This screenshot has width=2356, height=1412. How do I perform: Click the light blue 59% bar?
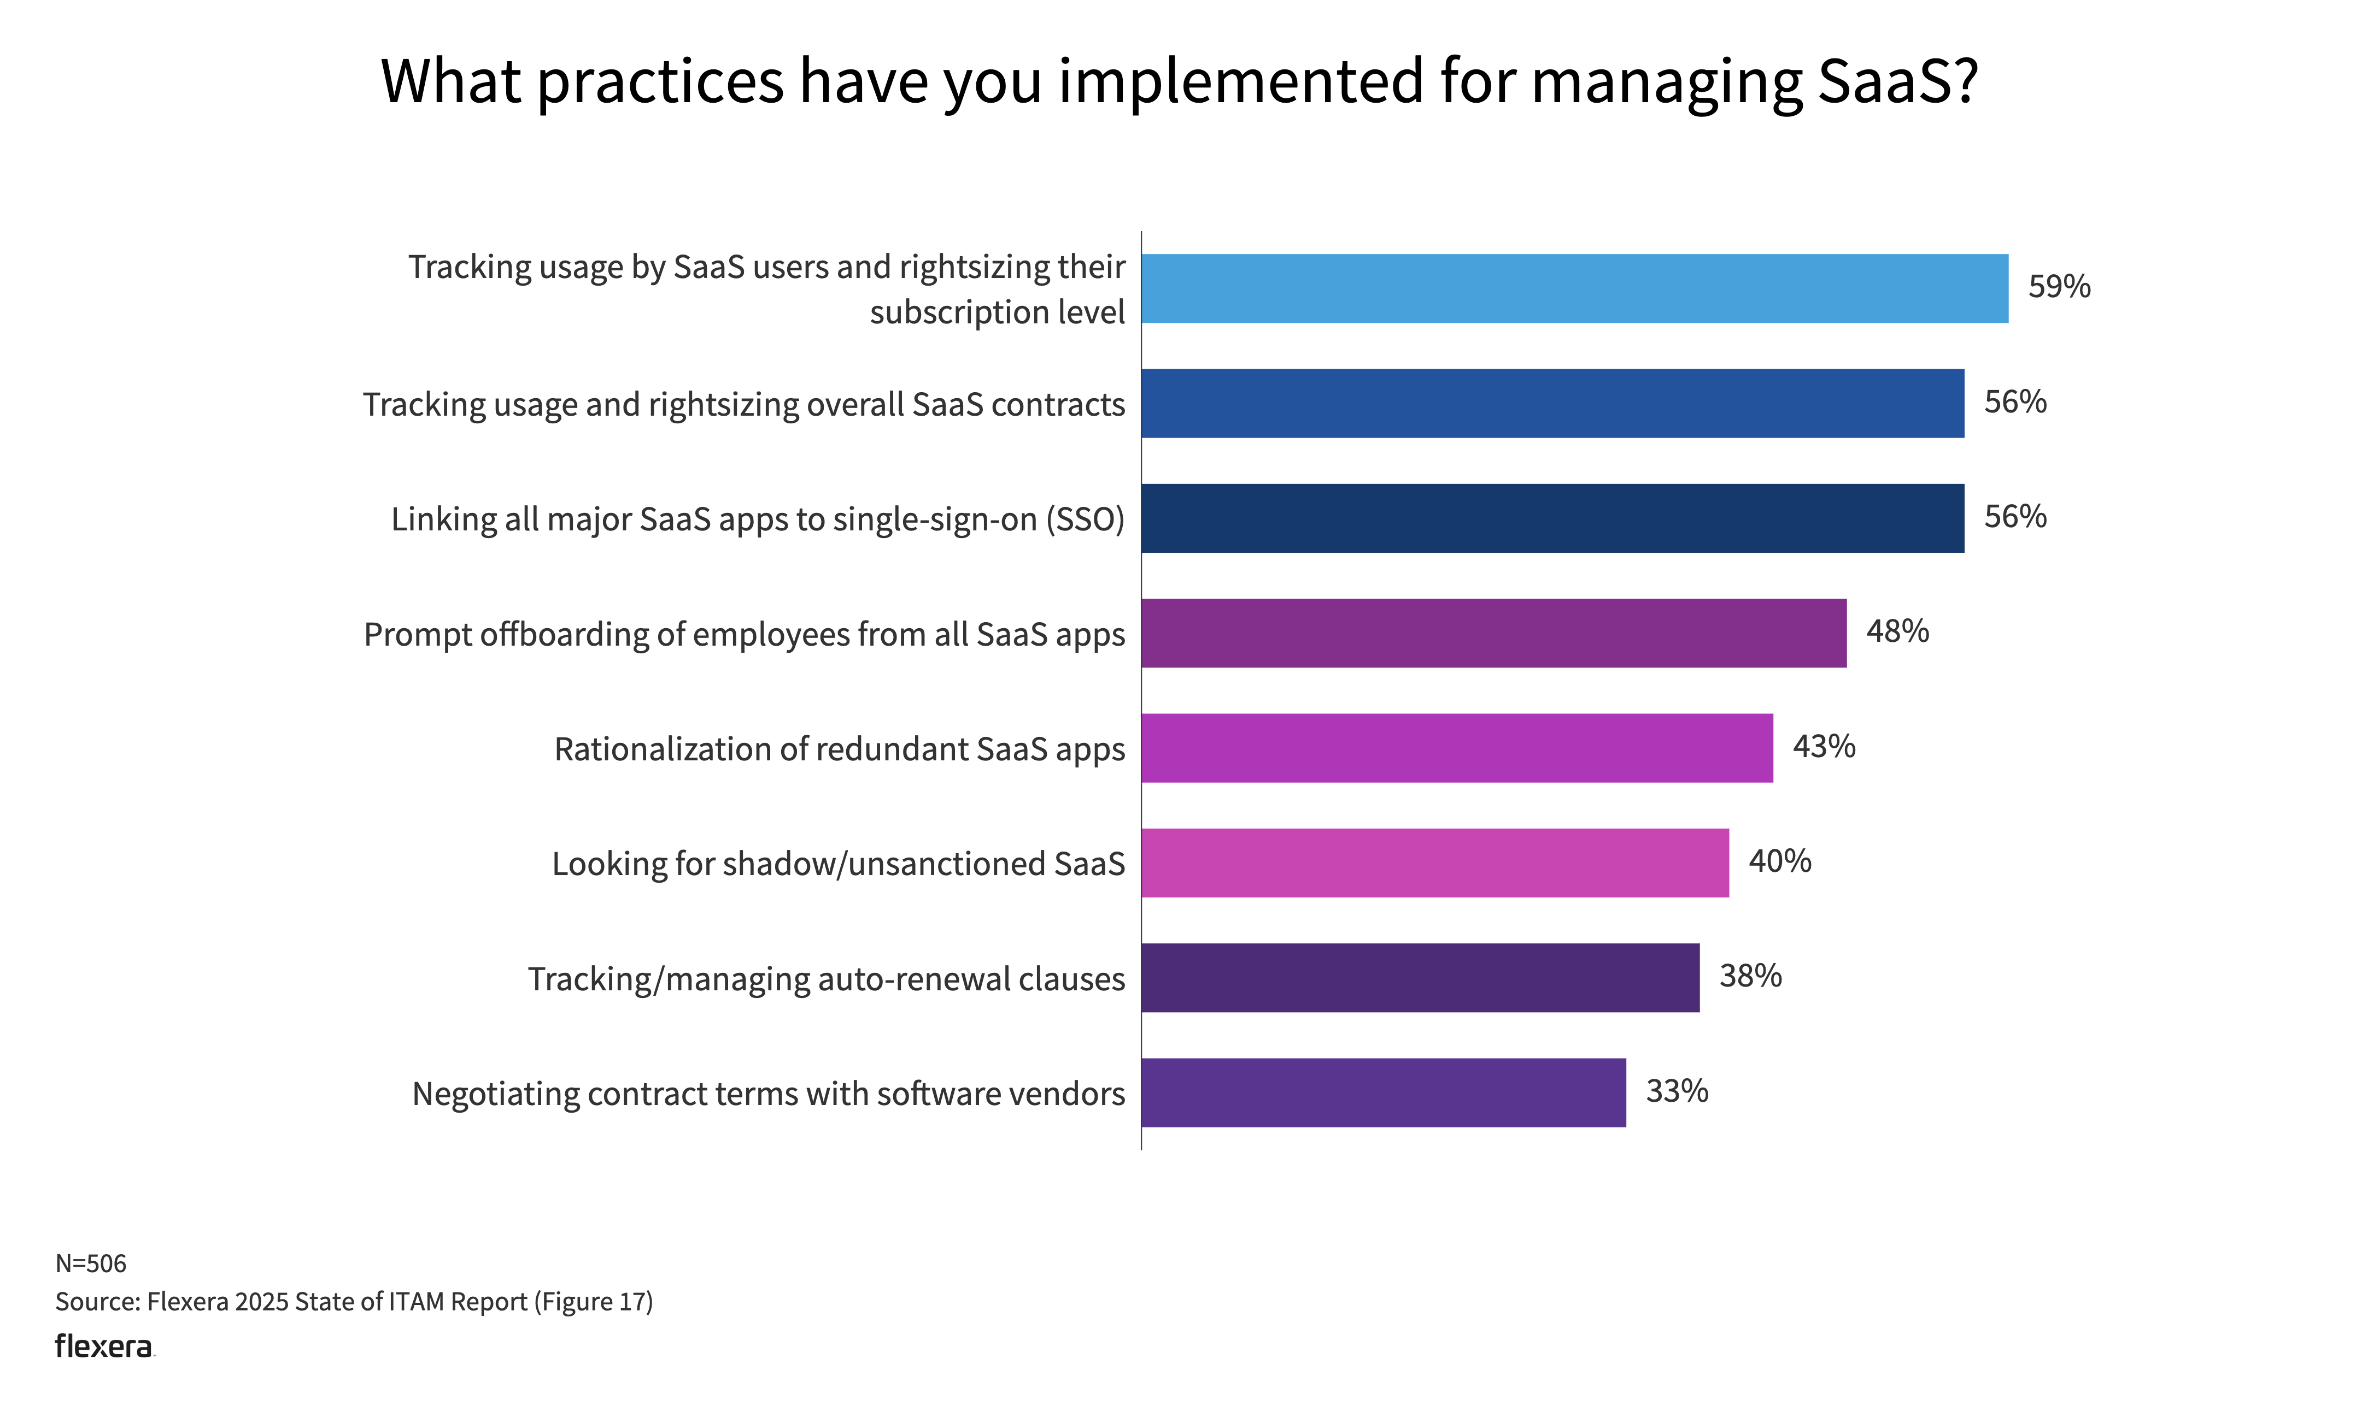pyautogui.click(x=1574, y=288)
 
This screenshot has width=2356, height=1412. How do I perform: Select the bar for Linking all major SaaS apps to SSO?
pyautogui.click(x=1552, y=518)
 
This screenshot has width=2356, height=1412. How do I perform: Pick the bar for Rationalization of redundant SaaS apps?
pyautogui.click(x=1456, y=748)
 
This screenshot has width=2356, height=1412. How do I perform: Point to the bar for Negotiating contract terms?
pyautogui.click(x=1383, y=1092)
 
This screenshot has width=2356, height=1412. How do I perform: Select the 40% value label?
pyautogui.click(x=1779, y=861)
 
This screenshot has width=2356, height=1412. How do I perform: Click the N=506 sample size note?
pyautogui.click(x=90, y=1263)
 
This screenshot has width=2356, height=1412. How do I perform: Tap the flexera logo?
pyautogui.click(x=104, y=1346)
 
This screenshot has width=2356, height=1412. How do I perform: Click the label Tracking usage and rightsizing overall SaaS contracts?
pyautogui.click(x=743, y=404)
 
